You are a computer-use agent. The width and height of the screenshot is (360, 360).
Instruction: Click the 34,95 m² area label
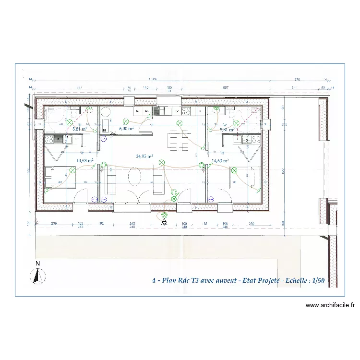(144, 156)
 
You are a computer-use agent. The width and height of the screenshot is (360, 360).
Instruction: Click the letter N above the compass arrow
(37, 264)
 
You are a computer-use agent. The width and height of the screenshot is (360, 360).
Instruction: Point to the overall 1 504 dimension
(153, 79)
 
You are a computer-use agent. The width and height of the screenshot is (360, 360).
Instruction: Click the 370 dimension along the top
(297, 79)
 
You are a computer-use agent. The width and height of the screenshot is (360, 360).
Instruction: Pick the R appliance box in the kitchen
(201, 111)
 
